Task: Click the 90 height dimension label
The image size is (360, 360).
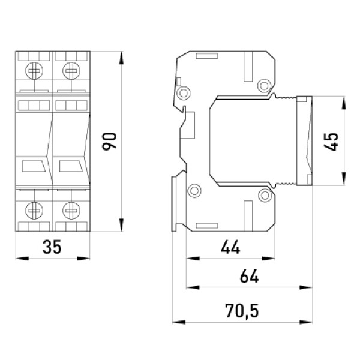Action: [x=109, y=141]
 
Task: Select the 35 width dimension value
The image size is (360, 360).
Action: [x=52, y=247]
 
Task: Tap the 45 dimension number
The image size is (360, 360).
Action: [x=331, y=142]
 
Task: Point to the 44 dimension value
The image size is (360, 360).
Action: [x=230, y=247]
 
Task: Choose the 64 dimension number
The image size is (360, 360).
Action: [x=250, y=276]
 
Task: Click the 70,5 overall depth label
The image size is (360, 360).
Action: [x=242, y=311]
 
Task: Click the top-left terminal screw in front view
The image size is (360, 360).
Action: [x=34, y=70]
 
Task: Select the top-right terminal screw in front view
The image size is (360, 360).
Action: [x=71, y=70]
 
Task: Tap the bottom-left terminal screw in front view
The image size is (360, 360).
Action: [x=34, y=211]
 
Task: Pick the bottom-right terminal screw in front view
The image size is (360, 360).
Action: [x=71, y=211]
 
